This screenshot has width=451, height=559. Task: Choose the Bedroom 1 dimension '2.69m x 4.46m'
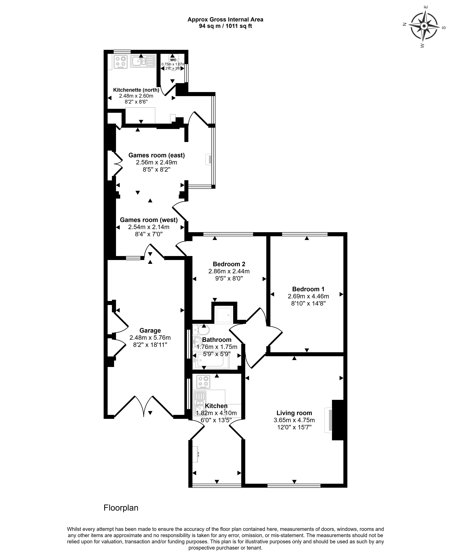pyautogui.click(x=308, y=296)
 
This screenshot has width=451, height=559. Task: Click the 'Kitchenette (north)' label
pyautogui.click(x=136, y=90)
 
